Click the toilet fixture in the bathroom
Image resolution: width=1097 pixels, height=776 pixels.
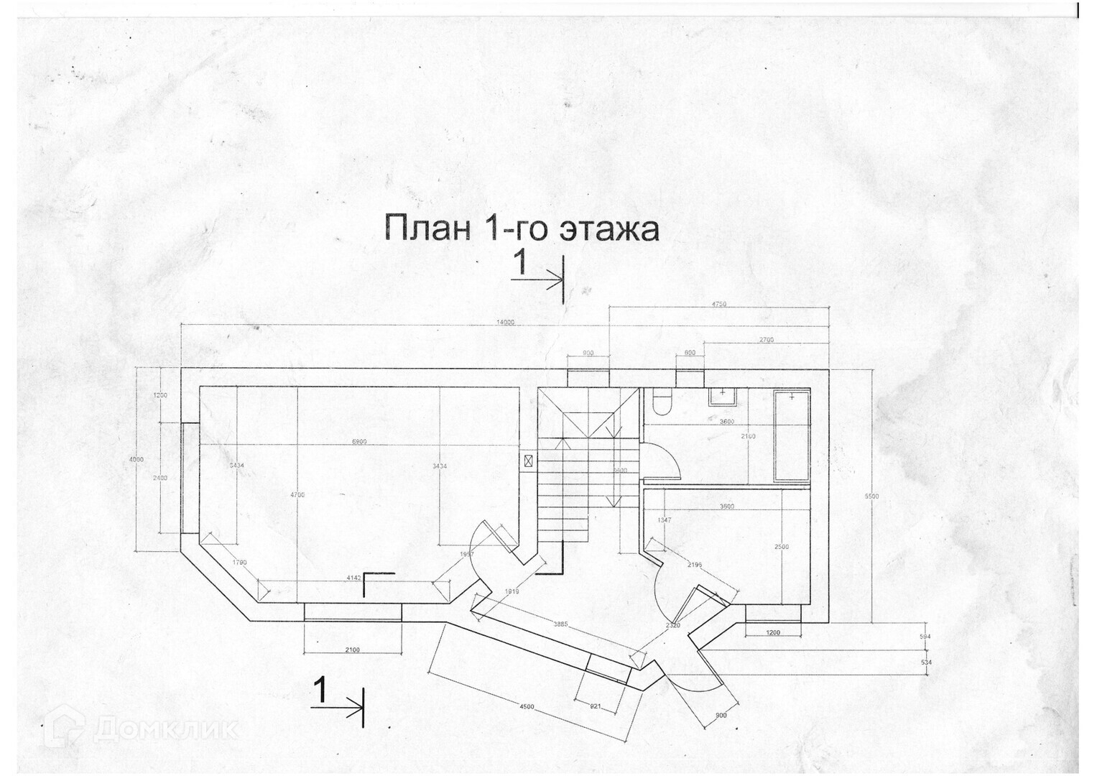click(x=661, y=402)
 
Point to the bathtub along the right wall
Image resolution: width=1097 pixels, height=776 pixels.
click(x=792, y=436)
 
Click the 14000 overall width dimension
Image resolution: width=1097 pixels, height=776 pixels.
click(x=505, y=323)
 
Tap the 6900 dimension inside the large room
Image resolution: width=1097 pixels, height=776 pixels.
click(x=360, y=441)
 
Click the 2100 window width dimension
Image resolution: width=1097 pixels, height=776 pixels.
click(x=352, y=650)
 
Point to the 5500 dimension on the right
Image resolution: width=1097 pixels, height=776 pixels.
click(x=872, y=496)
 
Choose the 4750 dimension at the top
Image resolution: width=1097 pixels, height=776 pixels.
click(x=718, y=304)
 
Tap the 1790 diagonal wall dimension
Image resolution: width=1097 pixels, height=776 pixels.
click(x=239, y=562)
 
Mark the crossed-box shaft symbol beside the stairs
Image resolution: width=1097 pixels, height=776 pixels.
click(x=529, y=461)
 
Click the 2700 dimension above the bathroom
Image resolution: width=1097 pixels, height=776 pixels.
click(x=766, y=339)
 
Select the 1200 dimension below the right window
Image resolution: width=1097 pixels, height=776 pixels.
click(x=773, y=632)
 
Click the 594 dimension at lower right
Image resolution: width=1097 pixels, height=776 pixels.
click(x=925, y=637)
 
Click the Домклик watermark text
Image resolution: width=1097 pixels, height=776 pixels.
click(x=165, y=729)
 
